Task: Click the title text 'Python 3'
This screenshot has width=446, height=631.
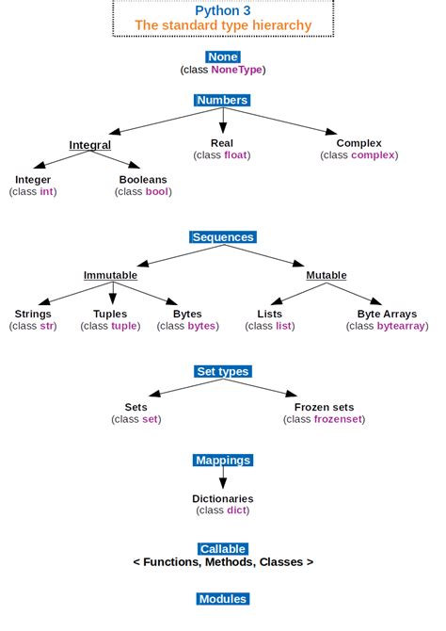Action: click(223, 9)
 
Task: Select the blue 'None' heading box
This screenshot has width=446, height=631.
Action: click(223, 57)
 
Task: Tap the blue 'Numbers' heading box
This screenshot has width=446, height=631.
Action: click(223, 100)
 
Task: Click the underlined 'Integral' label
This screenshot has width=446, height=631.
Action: click(90, 145)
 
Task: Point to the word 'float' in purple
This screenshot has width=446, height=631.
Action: click(235, 155)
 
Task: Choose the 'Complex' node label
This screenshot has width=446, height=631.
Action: click(359, 143)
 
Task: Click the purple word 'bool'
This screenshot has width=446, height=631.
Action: click(156, 191)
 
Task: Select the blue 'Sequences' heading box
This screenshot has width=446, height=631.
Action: click(223, 237)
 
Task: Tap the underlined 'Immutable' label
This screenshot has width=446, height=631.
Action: click(110, 275)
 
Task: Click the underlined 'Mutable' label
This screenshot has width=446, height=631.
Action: click(327, 275)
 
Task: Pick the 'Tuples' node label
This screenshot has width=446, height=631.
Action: click(110, 314)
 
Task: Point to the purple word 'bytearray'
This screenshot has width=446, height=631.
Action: click(402, 326)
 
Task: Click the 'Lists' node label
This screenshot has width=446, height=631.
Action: click(270, 314)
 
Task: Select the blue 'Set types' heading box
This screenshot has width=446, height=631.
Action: click(223, 371)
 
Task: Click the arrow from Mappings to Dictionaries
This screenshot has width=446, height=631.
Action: click(223, 478)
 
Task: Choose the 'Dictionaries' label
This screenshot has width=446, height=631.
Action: click(223, 498)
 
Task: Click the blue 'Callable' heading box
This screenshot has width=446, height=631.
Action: click(223, 548)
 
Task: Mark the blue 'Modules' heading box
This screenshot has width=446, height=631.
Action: click(223, 599)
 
